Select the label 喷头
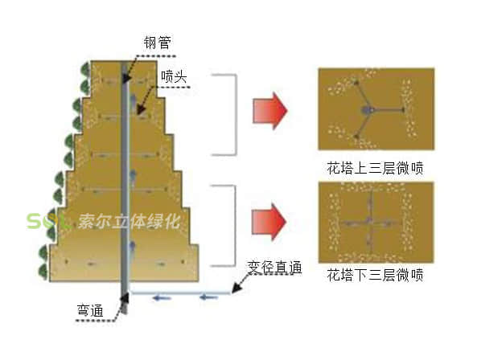[x=172, y=76]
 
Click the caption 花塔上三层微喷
[x=375, y=169]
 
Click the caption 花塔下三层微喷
[x=375, y=275]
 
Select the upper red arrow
[x=270, y=110]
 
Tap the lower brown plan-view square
[x=376, y=219]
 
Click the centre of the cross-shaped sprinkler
[x=367, y=219]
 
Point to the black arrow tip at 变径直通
[x=235, y=287]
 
